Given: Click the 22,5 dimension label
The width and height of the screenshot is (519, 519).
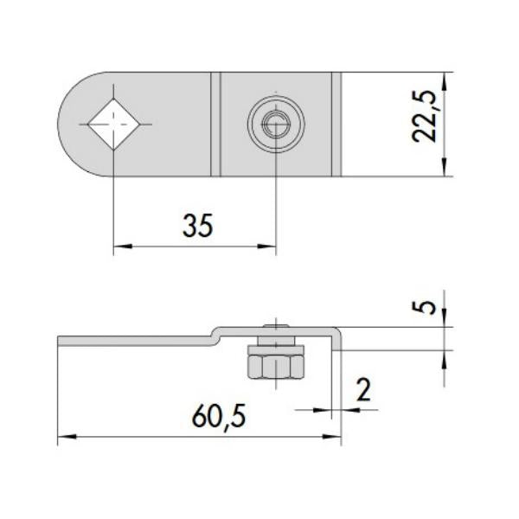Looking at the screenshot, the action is click(425, 116).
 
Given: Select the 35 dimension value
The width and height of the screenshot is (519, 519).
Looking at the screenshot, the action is click(198, 226).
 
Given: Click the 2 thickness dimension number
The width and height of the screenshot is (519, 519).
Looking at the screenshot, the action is click(364, 390).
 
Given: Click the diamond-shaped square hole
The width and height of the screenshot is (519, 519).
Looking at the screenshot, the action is click(113, 125).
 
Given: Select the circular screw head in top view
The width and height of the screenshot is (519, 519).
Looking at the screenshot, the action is click(276, 125).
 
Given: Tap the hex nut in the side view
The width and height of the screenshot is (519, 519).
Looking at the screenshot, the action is click(276, 367).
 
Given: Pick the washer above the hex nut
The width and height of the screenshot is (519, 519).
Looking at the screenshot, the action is click(276, 349).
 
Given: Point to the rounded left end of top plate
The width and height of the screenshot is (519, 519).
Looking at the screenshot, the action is click(71, 125).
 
